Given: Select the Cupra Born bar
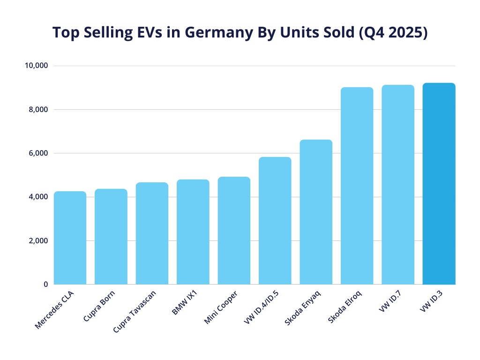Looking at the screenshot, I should coord(111,237).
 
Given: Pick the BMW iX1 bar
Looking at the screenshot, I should coord(193,232).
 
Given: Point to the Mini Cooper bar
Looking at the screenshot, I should coord(234,231).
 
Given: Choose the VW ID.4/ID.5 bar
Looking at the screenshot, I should coord(275,221).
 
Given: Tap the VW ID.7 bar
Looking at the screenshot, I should coord(398,185).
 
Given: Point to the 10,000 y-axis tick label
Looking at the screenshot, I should coord(36,66).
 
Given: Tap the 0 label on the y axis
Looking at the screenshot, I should coord(45,285).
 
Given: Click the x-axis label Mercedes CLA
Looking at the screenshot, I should coord(54,310).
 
